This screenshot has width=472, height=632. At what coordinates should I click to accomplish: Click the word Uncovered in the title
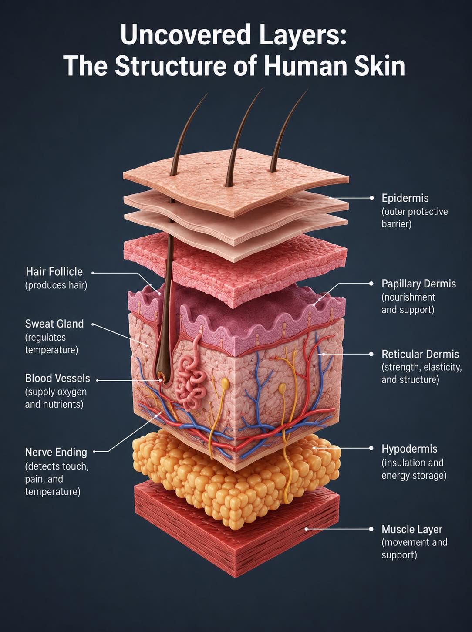coord(185,35)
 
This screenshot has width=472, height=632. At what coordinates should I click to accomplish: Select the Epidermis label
coord(405,198)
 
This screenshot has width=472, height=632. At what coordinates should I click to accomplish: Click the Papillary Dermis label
coord(419,284)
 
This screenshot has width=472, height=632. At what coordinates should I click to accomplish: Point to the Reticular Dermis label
coord(420,354)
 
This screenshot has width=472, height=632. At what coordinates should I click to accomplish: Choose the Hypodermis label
coord(409,449)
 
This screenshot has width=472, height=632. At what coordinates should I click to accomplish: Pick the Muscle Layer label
coord(412,529)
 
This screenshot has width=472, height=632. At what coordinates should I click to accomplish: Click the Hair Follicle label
coord(54,271)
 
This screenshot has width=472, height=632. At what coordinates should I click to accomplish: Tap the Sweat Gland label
coord(54,324)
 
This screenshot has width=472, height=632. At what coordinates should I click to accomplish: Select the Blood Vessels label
coord(57,379)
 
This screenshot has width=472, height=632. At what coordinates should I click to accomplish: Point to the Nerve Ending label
coord(56,453)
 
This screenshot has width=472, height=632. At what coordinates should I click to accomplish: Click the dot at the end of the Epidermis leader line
coord(371,198)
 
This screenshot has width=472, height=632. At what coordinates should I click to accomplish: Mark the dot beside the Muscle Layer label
coord(371,529)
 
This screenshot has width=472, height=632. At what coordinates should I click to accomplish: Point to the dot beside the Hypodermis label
coord(371,448)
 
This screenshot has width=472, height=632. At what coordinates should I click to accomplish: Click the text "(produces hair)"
coord(56,285)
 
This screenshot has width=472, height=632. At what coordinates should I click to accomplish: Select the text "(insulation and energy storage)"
coord(414,469)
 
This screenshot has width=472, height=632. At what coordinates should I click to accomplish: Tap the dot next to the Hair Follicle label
coord(93,272)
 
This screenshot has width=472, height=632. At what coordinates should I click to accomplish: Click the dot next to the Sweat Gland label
coord(93,324)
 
